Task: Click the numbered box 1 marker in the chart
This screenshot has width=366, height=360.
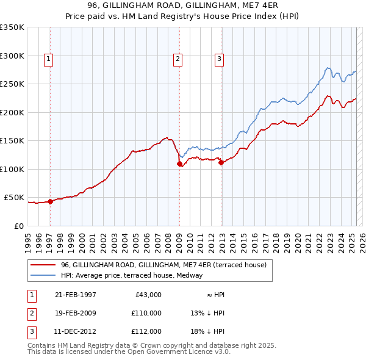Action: point(48,59)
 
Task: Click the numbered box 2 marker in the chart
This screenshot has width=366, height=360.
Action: point(178,59)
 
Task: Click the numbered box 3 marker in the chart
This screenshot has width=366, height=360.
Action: point(219,59)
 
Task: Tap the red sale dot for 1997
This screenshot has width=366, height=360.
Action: point(51,202)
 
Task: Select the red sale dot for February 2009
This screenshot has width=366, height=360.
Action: point(179,164)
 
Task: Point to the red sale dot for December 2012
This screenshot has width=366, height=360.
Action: point(221,162)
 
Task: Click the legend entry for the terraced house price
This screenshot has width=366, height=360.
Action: point(163,265)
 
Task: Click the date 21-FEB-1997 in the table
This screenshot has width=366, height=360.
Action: point(75,295)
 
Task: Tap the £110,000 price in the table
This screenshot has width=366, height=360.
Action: point(146,313)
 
